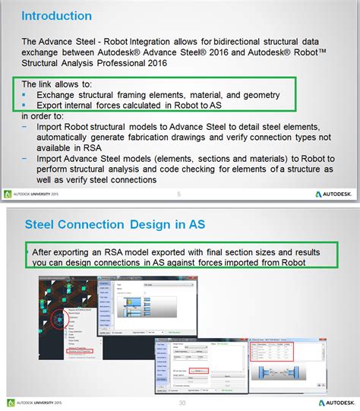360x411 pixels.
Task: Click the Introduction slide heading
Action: coord(57,16)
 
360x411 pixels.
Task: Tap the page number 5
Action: coord(178,194)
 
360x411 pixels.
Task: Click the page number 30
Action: coord(181,403)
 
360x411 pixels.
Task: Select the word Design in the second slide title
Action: coord(149,203)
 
